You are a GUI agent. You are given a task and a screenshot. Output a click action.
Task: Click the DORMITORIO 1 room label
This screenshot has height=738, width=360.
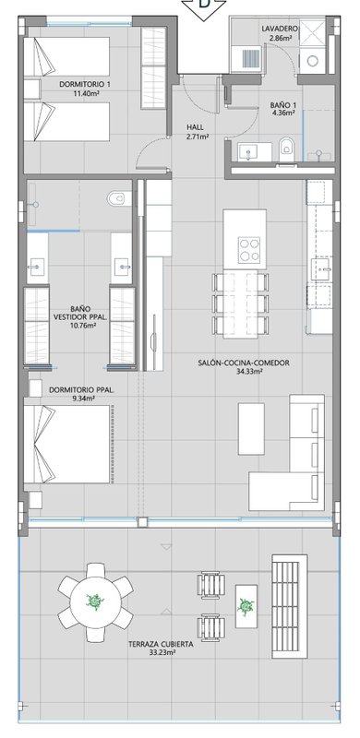tap(85, 84)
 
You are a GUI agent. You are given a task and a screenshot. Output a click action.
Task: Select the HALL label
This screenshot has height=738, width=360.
tap(195, 127)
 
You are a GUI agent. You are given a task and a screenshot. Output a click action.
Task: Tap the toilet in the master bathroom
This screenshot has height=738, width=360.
tap(116, 198)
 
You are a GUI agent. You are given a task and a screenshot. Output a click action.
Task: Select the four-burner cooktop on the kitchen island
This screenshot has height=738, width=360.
tap(248, 249)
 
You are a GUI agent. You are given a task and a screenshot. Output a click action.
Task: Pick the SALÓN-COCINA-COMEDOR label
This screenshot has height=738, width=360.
tap(244, 363)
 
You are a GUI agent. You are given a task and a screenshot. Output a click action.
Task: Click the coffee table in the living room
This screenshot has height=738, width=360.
tap(251, 428)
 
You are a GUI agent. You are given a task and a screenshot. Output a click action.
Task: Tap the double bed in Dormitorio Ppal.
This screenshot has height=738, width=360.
tap(66, 444)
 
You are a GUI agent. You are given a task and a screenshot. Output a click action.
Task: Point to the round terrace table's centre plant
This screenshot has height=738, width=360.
tap(95, 601)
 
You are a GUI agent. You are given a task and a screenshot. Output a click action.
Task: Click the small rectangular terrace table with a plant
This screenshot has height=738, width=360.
tap(246, 606)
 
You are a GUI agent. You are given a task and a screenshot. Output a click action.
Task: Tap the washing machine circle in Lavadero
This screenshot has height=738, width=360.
tap(312, 61)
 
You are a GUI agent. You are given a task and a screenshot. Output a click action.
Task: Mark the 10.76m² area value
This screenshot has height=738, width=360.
tap(83, 325)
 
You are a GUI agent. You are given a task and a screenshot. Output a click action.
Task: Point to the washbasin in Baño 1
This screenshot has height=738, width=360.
tap(246, 152)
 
